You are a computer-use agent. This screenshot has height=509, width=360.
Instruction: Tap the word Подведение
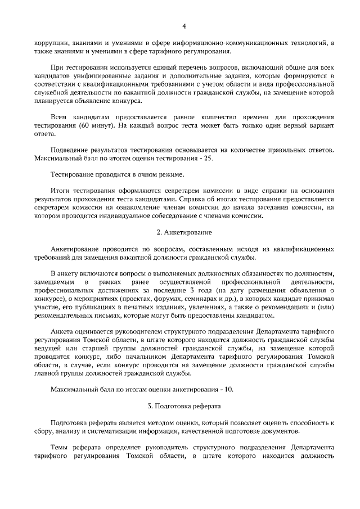pyautogui.click(x=71, y=150)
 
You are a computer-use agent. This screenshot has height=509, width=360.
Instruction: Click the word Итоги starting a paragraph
pyautogui.click(x=60, y=190)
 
